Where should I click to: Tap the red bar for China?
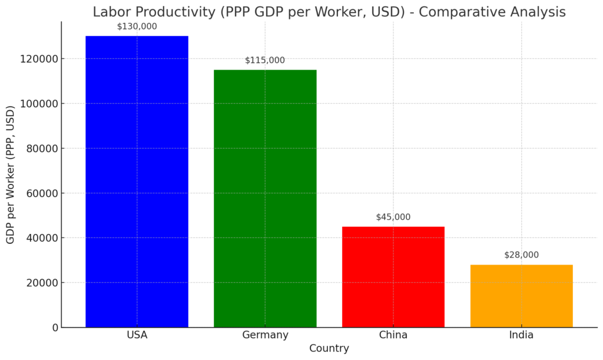click(x=393, y=277)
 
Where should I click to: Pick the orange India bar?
click(x=521, y=296)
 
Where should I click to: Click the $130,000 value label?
click(x=137, y=27)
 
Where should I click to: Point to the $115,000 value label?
click(x=265, y=60)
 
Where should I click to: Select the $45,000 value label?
click(x=393, y=217)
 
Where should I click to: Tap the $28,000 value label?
click(x=521, y=255)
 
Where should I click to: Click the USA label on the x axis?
click(x=137, y=335)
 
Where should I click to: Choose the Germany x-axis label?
click(x=265, y=335)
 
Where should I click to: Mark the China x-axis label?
click(x=393, y=335)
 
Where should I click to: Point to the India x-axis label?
click(x=521, y=335)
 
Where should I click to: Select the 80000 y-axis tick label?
click(x=41, y=148)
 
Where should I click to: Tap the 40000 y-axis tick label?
click(x=41, y=238)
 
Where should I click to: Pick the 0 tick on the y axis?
click(x=55, y=328)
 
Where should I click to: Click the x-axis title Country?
click(x=329, y=348)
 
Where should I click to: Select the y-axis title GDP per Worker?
click(x=10, y=175)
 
